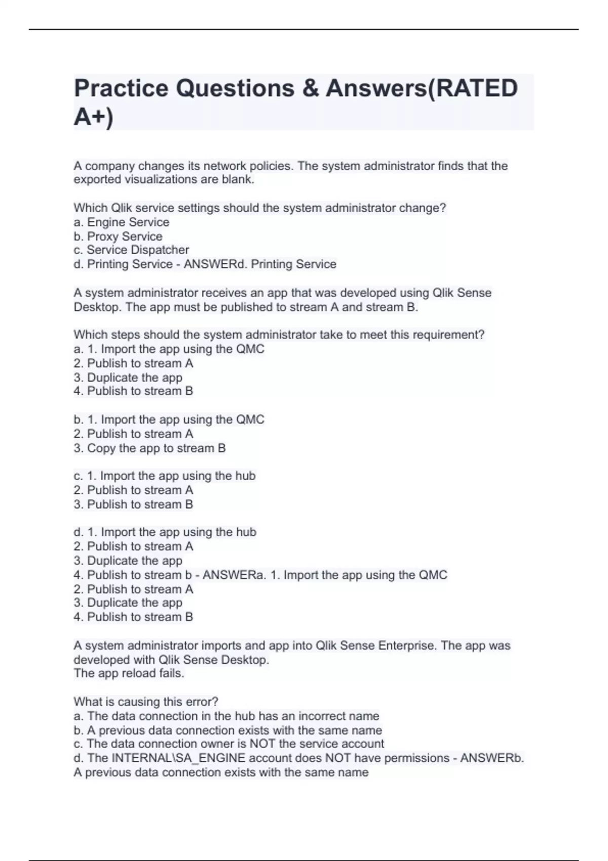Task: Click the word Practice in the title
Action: click(121, 89)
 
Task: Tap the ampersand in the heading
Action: click(310, 89)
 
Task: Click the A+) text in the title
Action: click(94, 118)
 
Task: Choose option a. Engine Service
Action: click(122, 222)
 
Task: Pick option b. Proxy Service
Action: click(118, 237)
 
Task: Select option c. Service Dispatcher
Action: click(131, 250)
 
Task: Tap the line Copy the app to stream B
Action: click(150, 448)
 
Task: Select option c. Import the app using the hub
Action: click(165, 476)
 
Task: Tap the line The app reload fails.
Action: click(129, 674)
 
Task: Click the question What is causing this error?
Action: click(146, 702)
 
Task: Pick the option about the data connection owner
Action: click(229, 744)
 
